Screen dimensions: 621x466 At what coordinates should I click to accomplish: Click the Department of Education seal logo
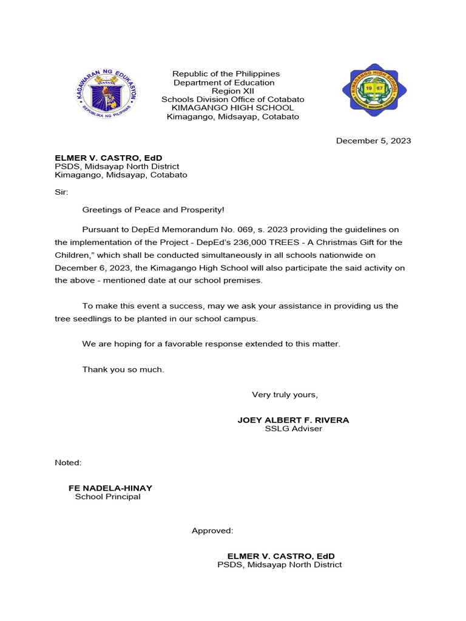[107, 92]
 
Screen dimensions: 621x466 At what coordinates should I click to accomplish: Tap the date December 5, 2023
[373, 141]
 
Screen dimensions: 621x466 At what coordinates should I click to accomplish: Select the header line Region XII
[226, 91]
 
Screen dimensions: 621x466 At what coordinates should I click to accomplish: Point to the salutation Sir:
[62, 192]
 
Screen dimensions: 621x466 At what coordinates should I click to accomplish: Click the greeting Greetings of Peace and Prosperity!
[153, 210]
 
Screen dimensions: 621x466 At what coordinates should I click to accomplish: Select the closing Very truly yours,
[285, 395]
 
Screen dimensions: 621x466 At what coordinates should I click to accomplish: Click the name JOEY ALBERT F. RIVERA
[293, 420]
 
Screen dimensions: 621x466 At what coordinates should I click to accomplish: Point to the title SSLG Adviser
[293, 429]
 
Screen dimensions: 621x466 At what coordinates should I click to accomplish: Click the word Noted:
[68, 463]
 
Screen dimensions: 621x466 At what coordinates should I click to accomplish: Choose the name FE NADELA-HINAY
[110, 488]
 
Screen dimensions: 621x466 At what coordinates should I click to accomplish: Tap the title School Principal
[107, 497]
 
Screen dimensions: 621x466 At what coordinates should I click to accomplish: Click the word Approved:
[212, 531]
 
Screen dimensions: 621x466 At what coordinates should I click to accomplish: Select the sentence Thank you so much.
[123, 369]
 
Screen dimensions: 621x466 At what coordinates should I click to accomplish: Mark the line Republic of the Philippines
[226, 74]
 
